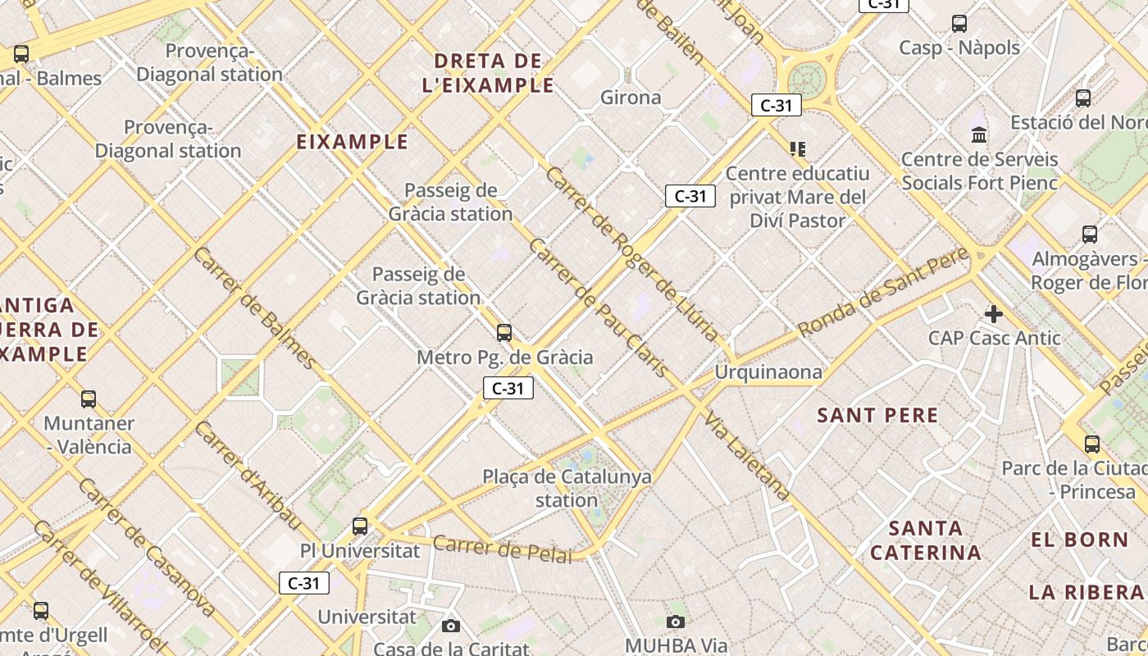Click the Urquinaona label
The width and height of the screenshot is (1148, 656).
(768, 372)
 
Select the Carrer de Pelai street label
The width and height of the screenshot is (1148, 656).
(502, 549)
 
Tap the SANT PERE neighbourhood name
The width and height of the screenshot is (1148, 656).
(877, 415)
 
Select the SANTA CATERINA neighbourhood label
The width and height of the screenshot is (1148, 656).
(926, 540)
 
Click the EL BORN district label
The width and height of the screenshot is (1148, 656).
(1080, 540)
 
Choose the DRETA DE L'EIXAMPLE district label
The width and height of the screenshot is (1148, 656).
(488, 73)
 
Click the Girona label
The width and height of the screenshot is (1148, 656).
(631, 98)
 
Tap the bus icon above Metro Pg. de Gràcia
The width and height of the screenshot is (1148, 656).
(504, 332)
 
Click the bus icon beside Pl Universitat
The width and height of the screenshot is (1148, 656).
(360, 526)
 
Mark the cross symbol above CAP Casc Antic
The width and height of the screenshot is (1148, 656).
(994, 313)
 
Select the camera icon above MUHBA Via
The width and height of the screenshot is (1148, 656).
(676, 622)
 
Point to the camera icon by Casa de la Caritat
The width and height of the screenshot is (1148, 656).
(451, 626)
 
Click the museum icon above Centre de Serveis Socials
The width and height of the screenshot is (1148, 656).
(979, 134)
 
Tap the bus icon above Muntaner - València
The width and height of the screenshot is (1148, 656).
(89, 399)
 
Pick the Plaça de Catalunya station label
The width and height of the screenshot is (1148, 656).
(567, 488)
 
